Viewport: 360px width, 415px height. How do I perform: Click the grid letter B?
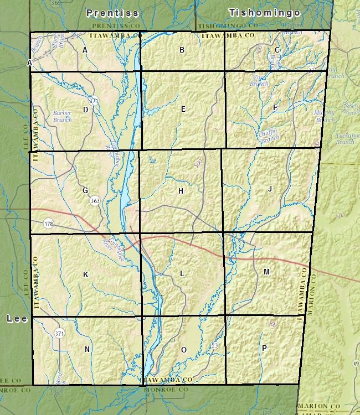[x=182, y=50]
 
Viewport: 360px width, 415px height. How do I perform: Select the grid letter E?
[x=183, y=109]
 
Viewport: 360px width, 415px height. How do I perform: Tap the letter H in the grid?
[x=181, y=191]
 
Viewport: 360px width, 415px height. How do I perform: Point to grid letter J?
[x=270, y=189]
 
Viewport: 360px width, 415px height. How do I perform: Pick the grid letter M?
[x=266, y=272]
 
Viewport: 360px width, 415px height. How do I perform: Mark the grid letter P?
[x=264, y=347]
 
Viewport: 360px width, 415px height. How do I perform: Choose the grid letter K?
[x=85, y=274]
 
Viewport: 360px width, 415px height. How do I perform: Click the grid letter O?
[x=184, y=350]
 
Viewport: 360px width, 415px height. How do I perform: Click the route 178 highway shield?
[x=49, y=224]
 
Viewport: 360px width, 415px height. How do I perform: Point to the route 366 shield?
[x=55, y=3]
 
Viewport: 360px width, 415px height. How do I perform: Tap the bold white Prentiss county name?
[x=112, y=12]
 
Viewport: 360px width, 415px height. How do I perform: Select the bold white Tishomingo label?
[x=264, y=12]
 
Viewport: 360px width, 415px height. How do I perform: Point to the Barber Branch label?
[x=62, y=116]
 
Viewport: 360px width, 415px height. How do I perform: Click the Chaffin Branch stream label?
[x=269, y=136]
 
